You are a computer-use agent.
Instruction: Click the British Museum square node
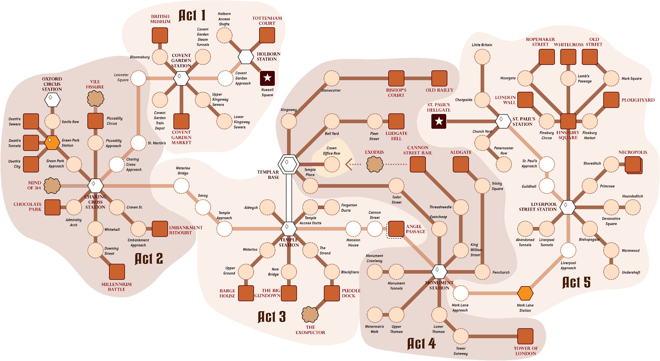point(160,35)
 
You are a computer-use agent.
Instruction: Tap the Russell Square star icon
point(267,78)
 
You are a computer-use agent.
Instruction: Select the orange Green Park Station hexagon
point(52,143)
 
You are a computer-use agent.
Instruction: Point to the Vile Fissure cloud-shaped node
point(95,98)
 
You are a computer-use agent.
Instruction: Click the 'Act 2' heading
point(149,259)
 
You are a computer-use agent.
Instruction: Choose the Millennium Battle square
point(117,272)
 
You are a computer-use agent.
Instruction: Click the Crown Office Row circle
point(332,164)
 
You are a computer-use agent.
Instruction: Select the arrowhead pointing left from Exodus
point(349,164)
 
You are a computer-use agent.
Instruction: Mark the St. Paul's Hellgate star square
point(439,121)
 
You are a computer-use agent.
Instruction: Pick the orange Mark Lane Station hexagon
point(525,293)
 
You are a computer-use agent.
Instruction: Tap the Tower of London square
point(525,336)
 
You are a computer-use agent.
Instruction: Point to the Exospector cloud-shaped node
point(310,315)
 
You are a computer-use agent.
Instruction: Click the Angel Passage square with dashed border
point(396,229)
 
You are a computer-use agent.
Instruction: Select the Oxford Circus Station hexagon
point(52,100)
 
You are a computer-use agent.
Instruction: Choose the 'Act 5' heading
point(576,283)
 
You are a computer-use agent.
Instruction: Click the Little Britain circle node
point(482,57)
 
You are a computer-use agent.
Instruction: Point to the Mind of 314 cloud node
point(52,186)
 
